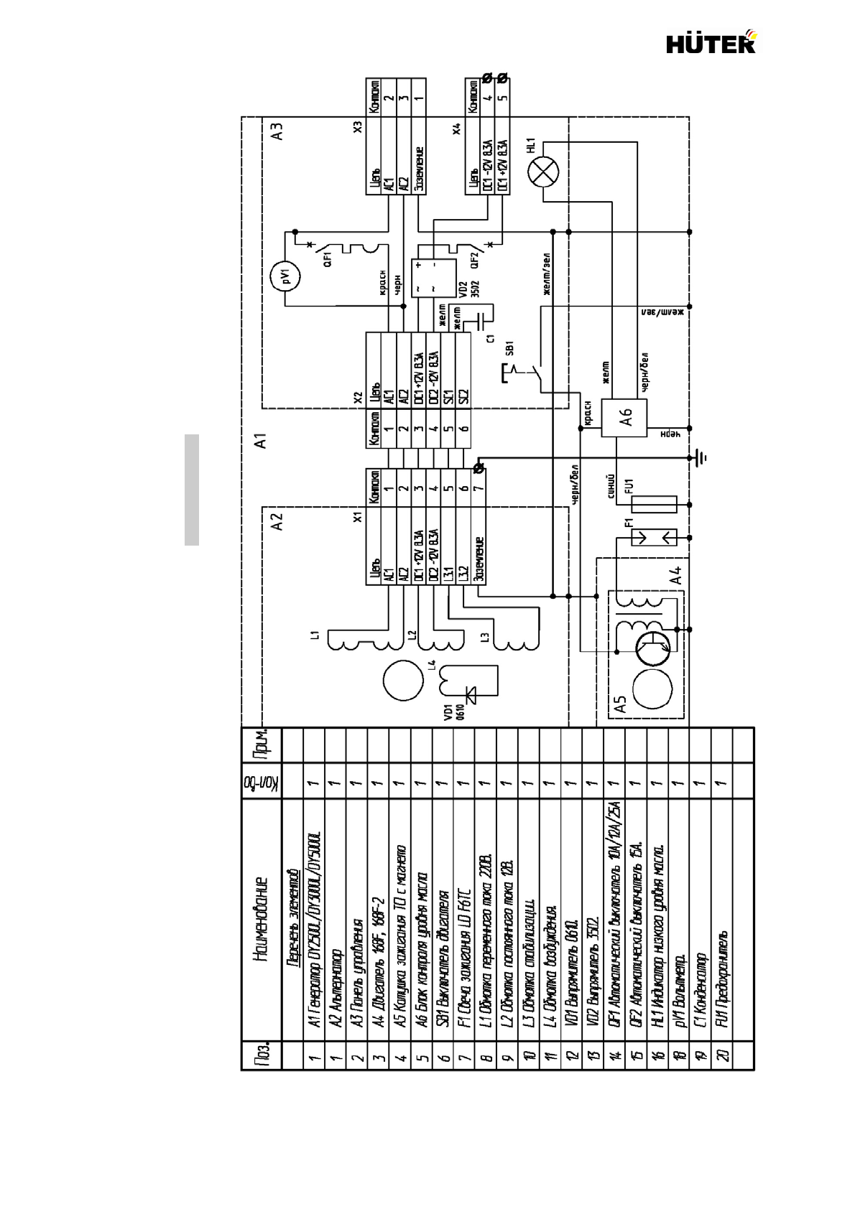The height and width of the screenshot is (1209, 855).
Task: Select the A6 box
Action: pos(624,417)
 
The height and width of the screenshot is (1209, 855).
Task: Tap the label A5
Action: pos(621,704)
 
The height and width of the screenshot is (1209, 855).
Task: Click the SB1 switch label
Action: pos(509,348)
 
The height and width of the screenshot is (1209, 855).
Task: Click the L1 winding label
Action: pos(314,634)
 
